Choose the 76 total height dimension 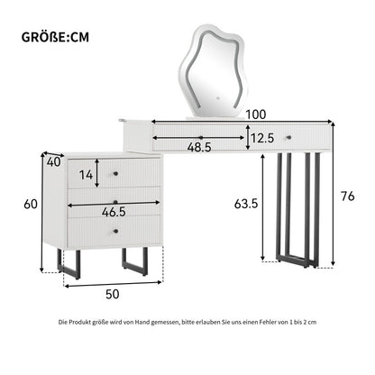tap(348, 197)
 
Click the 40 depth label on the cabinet tap(54, 162)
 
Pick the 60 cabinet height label tap(31, 204)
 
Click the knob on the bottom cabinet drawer tap(116, 231)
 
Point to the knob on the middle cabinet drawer tap(116, 201)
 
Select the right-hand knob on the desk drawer tap(289, 137)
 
